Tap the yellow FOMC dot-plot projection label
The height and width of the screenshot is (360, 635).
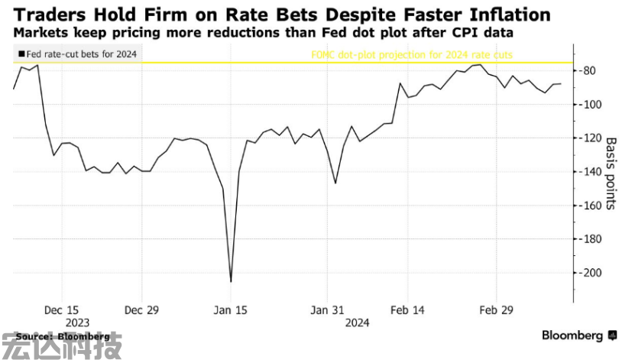[411, 54]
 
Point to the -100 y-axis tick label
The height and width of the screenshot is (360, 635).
[591, 105]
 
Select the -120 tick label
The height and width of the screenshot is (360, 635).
[591, 138]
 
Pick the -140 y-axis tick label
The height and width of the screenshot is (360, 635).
[591, 172]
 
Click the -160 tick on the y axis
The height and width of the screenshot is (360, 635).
[591, 206]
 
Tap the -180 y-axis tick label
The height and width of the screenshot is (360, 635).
[591, 239]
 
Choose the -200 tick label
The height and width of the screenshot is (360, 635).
[591, 273]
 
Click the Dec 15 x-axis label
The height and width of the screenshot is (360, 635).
[62, 310]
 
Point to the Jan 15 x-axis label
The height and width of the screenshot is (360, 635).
[230, 310]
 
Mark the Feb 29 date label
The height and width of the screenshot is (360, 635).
[496, 310]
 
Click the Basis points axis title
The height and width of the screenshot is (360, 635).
[611, 174]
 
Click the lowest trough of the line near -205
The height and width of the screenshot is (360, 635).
[231, 281]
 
